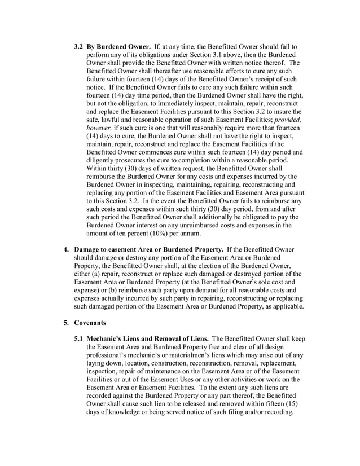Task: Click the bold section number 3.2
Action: pos(79,45)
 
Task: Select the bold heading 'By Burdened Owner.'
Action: pos(118,45)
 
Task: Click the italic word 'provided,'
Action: pos(286,121)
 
